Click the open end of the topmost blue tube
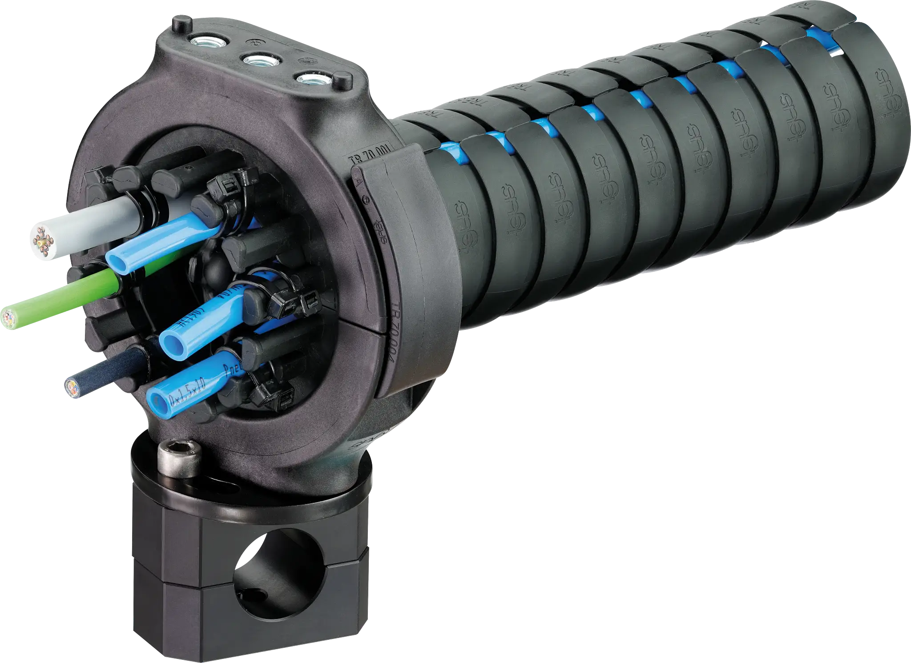[x=114, y=261]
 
